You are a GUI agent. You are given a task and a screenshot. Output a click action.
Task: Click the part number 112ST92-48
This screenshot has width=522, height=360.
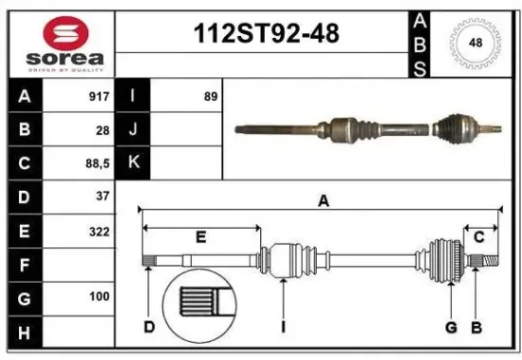pyautogui.click(x=265, y=35)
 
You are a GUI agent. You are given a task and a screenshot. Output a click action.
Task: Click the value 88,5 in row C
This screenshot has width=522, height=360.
pyautogui.click(x=98, y=163)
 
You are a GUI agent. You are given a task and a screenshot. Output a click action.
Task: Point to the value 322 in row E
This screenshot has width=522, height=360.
pyautogui.click(x=100, y=231)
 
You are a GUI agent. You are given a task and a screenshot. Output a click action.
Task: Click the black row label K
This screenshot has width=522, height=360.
pyautogui.click(x=134, y=163)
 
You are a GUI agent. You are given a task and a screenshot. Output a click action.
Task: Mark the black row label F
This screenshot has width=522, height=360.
pyautogui.click(x=24, y=264)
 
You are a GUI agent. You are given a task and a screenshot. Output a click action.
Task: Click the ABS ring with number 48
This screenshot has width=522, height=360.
pyautogui.click(x=472, y=43)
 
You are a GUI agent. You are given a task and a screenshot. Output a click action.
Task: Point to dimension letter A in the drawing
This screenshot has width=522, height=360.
pyautogui.click(x=324, y=200)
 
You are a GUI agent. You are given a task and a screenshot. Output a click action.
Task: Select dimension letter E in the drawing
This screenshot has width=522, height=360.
pyautogui.click(x=200, y=237)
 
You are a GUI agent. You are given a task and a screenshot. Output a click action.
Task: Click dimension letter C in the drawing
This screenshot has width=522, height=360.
pyautogui.click(x=479, y=237)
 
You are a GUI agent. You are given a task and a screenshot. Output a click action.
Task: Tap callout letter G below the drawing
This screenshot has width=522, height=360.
pyautogui.click(x=451, y=328)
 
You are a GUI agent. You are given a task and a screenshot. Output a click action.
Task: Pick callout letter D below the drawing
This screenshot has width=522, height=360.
pyautogui.click(x=149, y=328)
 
